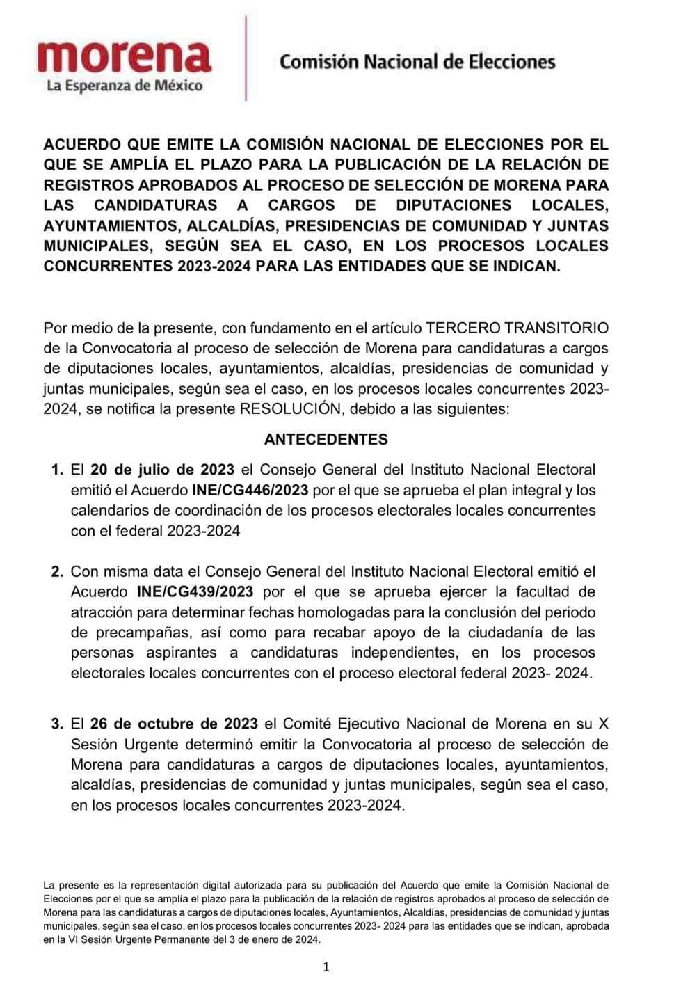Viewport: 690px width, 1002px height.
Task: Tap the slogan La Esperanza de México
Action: pyautogui.click(x=125, y=86)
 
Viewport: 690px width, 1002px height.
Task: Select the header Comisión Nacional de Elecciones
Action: pyautogui.click(x=417, y=62)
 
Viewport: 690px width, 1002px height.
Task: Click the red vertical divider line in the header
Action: pyautogui.click(x=246, y=59)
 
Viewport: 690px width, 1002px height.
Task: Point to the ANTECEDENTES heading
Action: pyautogui.click(x=326, y=439)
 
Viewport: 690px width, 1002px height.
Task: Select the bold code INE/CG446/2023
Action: pyautogui.click(x=250, y=490)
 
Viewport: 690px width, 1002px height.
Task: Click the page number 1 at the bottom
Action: pyautogui.click(x=326, y=967)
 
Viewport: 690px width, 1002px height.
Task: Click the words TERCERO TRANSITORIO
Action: pyautogui.click(x=517, y=328)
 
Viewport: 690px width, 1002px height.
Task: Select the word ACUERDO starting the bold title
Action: pyautogui.click(x=81, y=145)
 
